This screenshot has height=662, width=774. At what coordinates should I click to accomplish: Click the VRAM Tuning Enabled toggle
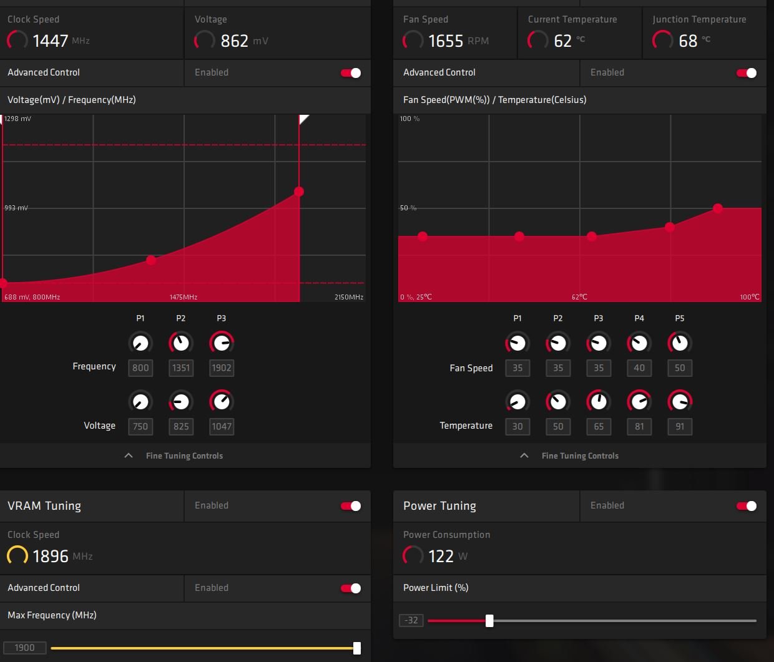351,506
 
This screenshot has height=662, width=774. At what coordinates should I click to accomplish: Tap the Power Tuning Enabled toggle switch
747,506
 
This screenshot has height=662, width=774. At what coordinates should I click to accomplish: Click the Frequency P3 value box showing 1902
222,368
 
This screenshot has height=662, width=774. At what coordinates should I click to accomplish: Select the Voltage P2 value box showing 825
181,427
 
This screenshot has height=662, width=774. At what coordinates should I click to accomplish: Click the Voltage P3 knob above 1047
222,401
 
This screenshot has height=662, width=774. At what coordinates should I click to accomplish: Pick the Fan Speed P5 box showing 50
680,368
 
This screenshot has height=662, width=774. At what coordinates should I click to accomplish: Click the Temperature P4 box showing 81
639,427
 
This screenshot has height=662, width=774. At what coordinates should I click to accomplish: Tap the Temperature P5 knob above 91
680,401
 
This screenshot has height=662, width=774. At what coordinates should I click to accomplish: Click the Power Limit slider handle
489,621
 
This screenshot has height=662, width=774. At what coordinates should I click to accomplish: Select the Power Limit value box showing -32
411,621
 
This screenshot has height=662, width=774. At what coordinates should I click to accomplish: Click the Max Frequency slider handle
357,648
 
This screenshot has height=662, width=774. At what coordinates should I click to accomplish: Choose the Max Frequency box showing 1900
25,648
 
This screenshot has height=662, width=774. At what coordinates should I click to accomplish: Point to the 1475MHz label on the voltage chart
184,297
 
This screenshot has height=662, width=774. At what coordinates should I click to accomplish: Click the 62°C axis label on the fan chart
579,297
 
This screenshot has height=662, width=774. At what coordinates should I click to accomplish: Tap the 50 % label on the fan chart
408,208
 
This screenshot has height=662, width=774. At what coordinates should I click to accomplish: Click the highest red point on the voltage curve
299,192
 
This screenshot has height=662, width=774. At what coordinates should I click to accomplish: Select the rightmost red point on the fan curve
718,208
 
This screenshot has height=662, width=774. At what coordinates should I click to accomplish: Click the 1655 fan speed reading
446,41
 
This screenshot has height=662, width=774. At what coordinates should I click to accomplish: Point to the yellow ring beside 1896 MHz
17,555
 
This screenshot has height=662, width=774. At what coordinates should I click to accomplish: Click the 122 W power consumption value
441,556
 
